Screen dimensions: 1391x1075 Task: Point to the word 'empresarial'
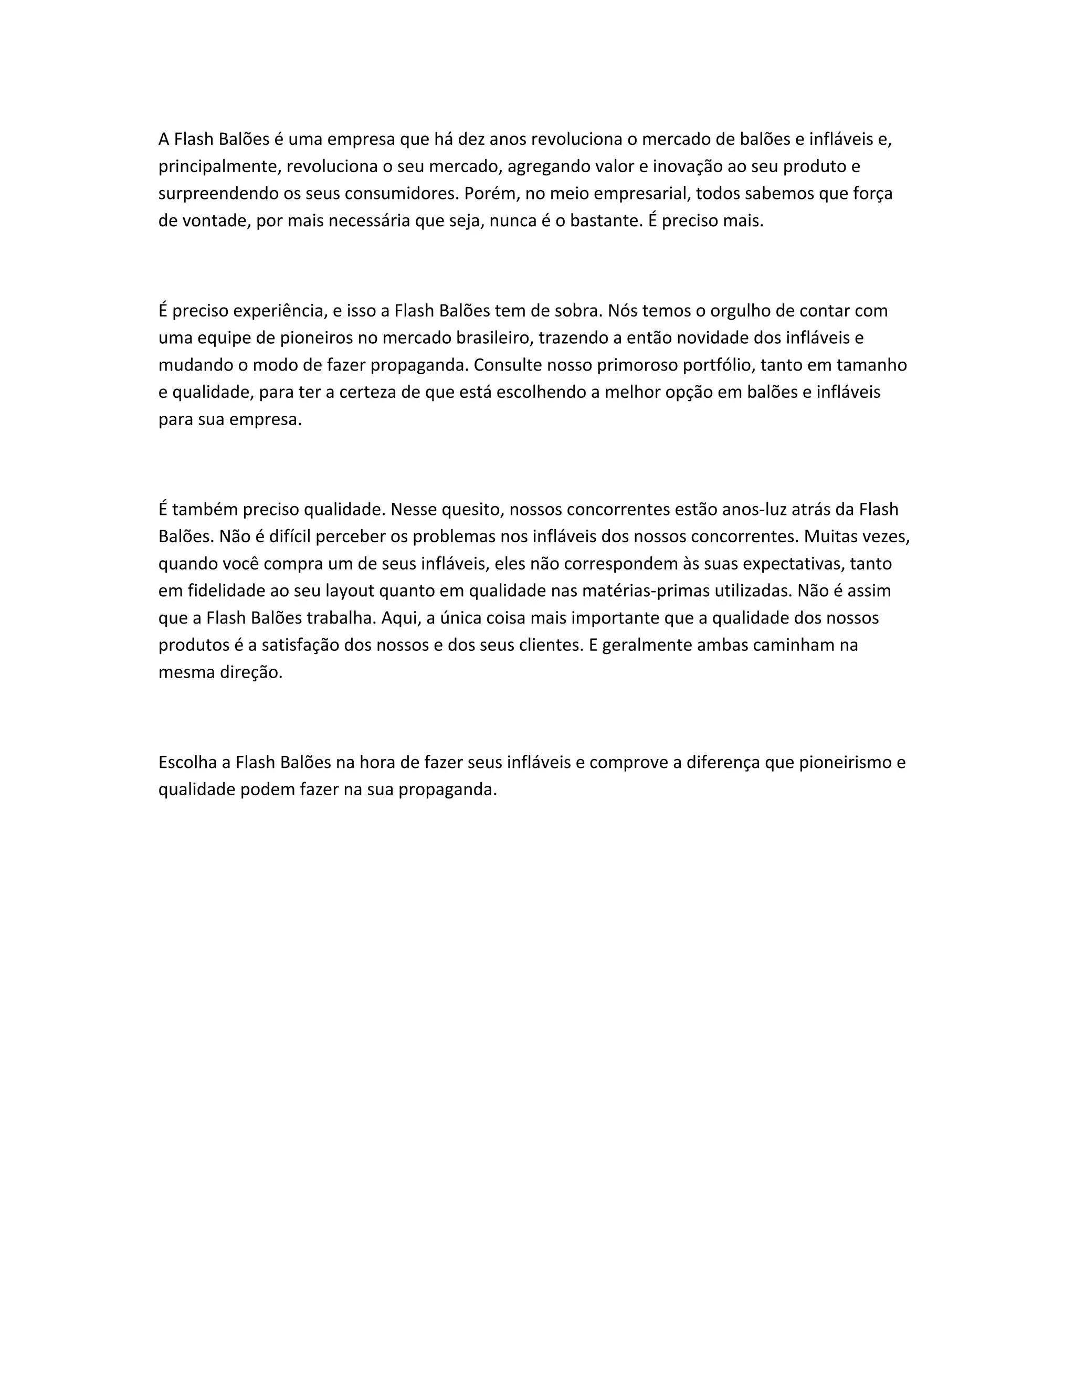click(x=642, y=194)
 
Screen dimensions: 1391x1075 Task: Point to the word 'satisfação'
click(x=300, y=645)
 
